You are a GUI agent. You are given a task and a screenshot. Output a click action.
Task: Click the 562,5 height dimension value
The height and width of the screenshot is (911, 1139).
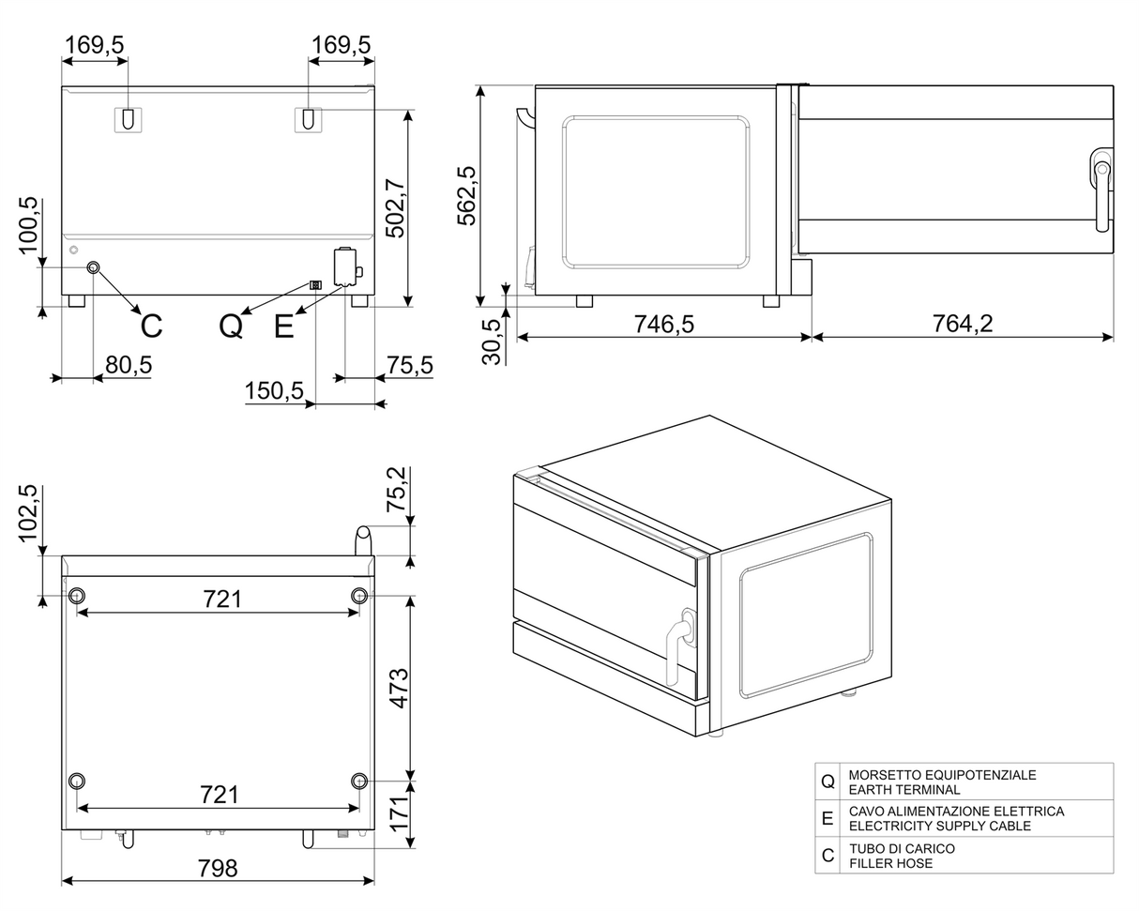click(466, 195)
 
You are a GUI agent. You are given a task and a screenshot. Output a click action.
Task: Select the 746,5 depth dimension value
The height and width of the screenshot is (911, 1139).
click(663, 324)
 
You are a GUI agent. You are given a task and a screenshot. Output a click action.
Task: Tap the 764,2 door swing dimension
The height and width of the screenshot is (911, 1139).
click(962, 324)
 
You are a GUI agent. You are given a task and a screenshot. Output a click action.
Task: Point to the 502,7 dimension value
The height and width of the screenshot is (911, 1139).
click(396, 207)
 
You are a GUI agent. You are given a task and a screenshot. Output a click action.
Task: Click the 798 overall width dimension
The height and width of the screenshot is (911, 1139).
click(218, 868)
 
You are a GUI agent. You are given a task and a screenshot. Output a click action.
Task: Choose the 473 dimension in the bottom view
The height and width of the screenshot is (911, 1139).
click(399, 688)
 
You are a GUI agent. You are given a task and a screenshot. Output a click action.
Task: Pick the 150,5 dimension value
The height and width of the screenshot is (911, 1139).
click(274, 390)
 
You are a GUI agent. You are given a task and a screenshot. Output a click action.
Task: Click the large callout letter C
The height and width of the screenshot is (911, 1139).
click(151, 326)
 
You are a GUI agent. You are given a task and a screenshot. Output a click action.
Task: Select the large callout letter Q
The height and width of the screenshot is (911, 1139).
click(231, 326)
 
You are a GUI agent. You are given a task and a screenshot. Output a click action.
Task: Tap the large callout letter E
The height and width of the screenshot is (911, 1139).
click(283, 326)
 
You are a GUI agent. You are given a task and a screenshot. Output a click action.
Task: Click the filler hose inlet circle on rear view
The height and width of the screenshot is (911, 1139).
click(93, 268)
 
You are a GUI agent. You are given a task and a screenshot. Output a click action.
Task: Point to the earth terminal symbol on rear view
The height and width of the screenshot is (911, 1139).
click(315, 284)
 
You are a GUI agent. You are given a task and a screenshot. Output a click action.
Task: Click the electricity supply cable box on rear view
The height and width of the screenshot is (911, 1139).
click(345, 266)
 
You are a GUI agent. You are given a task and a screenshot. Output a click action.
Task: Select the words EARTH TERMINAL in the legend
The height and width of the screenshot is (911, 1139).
click(904, 790)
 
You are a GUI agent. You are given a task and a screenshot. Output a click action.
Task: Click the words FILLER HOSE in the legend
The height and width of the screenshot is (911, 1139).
click(890, 863)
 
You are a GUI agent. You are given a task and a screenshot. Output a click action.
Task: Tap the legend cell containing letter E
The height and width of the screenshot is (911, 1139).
click(827, 818)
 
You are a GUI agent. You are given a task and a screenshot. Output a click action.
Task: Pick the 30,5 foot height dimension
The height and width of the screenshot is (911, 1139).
click(492, 341)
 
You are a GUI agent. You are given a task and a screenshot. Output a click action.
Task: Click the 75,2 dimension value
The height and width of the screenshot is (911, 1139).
click(398, 489)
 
